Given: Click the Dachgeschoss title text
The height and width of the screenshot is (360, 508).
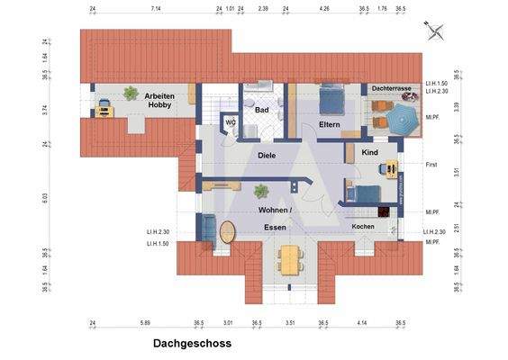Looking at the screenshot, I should coord(192,344).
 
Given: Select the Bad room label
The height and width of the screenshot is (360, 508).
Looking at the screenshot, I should coord(262,110).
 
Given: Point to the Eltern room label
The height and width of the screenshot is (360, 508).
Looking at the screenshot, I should coord(328,125).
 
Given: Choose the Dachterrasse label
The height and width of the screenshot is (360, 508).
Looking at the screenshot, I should coord(391,89).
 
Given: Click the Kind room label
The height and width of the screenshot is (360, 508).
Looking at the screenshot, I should coord(369,153).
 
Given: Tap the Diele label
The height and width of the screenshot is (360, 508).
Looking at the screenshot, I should coord(266,155).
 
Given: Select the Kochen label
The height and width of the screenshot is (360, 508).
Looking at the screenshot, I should coord(363,226).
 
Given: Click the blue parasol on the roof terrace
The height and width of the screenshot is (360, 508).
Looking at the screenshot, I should coord(396,118).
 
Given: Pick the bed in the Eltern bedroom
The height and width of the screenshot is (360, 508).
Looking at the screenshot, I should coord(331,97).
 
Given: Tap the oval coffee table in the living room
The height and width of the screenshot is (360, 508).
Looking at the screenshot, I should coord(225,229).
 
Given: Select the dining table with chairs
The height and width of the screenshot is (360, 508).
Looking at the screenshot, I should coord(288,259).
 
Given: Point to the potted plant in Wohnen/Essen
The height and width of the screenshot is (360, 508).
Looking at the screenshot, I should coord(261,191).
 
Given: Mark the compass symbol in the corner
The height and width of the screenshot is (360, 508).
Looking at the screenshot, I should coord(435,31).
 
